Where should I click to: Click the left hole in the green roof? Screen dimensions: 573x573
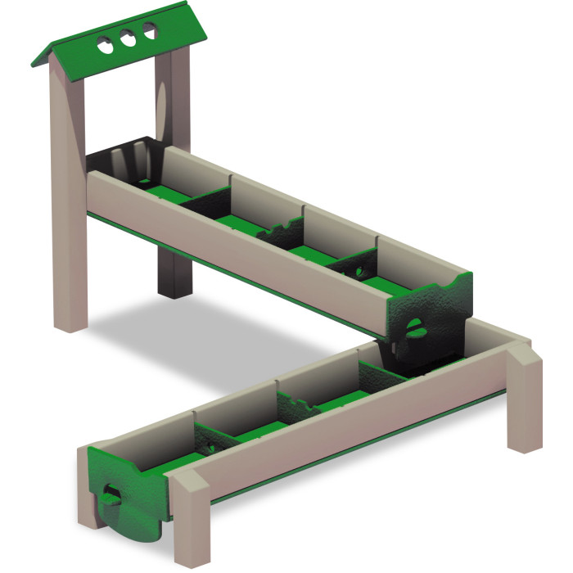[106, 44]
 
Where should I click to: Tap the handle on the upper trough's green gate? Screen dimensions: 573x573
[416, 329]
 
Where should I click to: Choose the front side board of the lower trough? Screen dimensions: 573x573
[344, 446]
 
